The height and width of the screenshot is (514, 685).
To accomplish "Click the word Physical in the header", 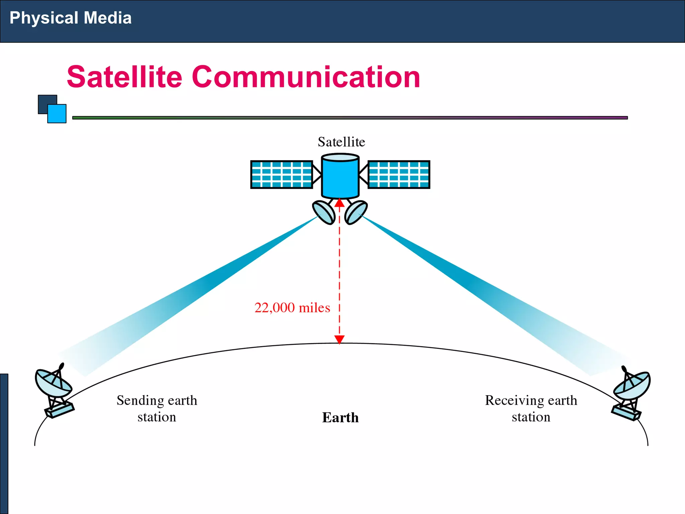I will click(x=43, y=18).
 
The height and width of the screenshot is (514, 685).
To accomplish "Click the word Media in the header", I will click(x=107, y=18).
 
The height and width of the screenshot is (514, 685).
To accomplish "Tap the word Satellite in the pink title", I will click(x=124, y=77).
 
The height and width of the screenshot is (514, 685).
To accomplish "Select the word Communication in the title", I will click(x=306, y=77).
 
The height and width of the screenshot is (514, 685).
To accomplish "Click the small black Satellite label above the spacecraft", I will click(x=341, y=142).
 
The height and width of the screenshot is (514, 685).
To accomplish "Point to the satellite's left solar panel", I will click(x=282, y=174).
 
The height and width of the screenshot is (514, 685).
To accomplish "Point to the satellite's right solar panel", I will click(x=399, y=174).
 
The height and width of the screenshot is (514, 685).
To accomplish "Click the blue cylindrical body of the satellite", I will click(x=340, y=177).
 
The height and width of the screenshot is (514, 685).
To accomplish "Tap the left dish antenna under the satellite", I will click(x=323, y=212).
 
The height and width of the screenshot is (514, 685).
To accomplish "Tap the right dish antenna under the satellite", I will click(x=356, y=212).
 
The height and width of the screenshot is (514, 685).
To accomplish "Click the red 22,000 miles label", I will click(x=292, y=308).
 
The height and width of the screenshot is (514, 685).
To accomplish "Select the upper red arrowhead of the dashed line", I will click(x=339, y=203).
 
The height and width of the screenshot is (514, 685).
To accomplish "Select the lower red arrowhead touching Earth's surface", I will click(x=339, y=339).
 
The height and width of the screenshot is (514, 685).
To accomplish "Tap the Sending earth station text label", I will click(x=157, y=408).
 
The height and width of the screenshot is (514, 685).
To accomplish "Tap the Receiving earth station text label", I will click(x=531, y=408).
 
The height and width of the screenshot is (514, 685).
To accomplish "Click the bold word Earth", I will click(x=340, y=418).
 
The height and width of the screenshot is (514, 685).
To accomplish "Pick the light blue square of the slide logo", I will click(x=57, y=114).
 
